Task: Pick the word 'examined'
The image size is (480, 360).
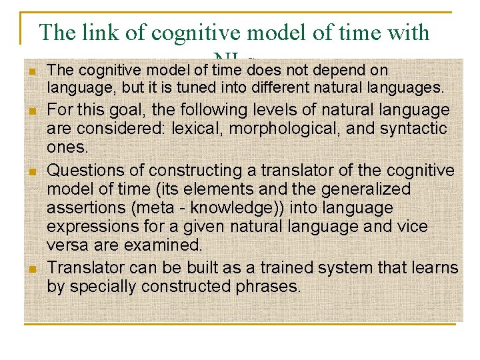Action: click(x=163, y=245)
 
